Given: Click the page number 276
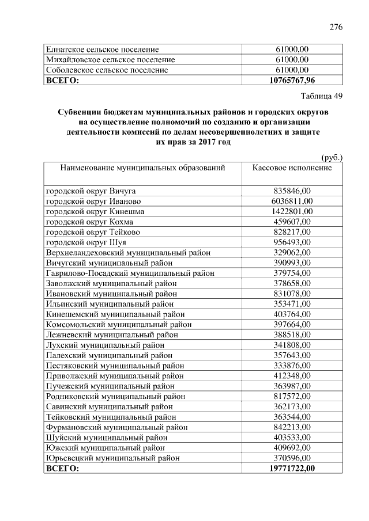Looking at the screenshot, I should tap(336, 26).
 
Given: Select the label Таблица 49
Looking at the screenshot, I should tap(322, 96).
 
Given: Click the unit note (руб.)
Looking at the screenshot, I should tap(332, 157).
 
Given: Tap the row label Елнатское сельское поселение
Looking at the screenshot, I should tap(102, 50).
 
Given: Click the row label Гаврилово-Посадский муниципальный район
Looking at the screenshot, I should tap(125, 273).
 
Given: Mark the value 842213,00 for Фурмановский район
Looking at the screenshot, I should tap(292, 427).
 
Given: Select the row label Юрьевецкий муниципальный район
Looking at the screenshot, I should tap(112, 458).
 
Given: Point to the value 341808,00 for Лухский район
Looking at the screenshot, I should tap(292, 345).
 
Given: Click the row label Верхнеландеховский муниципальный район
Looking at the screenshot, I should tap(127, 252).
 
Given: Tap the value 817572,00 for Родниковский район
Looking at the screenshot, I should tap(292, 397).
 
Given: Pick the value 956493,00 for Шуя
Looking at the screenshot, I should tap(292, 242).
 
